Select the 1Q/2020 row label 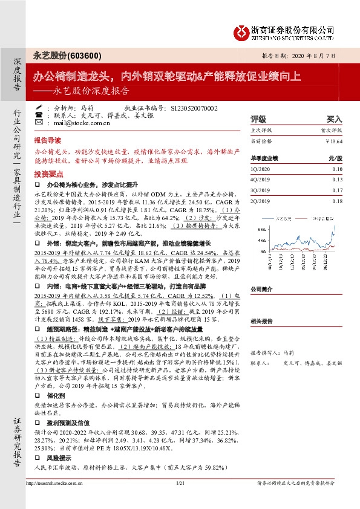tap(261, 170)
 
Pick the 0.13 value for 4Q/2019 tap(337, 180)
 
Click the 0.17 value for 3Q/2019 tap(337, 190)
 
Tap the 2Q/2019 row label tap(261, 200)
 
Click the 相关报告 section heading tap(262, 322)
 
